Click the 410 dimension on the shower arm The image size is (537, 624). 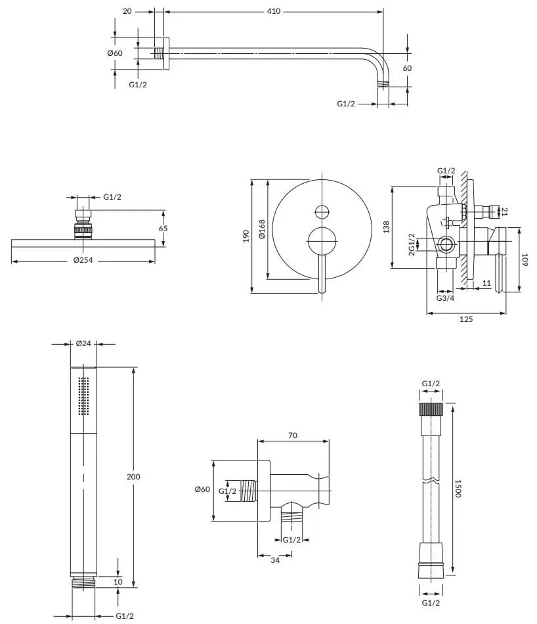pyautogui.click(x=274, y=11)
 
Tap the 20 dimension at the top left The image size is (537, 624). pyautogui.click(x=127, y=11)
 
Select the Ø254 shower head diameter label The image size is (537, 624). pyautogui.click(x=83, y=260)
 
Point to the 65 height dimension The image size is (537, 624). pyautogui.click(x=163, y=229)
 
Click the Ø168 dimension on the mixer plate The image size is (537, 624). pyautogui.click(x=261, y=229)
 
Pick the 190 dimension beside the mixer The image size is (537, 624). pyautogui.click(x=246, y=236)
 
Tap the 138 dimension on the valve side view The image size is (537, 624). pyautogui.click(x=386, y=227)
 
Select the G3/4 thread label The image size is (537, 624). pyautogui.click(x=445, y=298)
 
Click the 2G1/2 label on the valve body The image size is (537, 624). pyautogui.click(x=412, y=244)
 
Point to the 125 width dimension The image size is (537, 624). pyautogui.click(x=466, y=319)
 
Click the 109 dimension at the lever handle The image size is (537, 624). pyautogui.click(x=525, y=260)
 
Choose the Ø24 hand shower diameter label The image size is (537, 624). pyautogui.click(x=83, y=343)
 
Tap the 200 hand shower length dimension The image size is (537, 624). pyautogui.click(x=134, y=476)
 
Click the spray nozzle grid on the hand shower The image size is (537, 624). pyautogui.click(x=83, y=396)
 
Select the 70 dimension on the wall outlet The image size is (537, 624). pyautogui.click(x=293, y=435)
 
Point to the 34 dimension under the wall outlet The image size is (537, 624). pyautogui.click(x=275, y=560)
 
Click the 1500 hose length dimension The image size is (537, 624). pyautogui.click(x=458, y=488)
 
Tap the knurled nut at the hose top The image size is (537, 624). pyautogui.click(x=431, y=409)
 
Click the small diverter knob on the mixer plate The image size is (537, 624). pyautogui.click(x=322, y=212)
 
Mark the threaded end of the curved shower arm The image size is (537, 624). pyautogui.click(x=383, y=84)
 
